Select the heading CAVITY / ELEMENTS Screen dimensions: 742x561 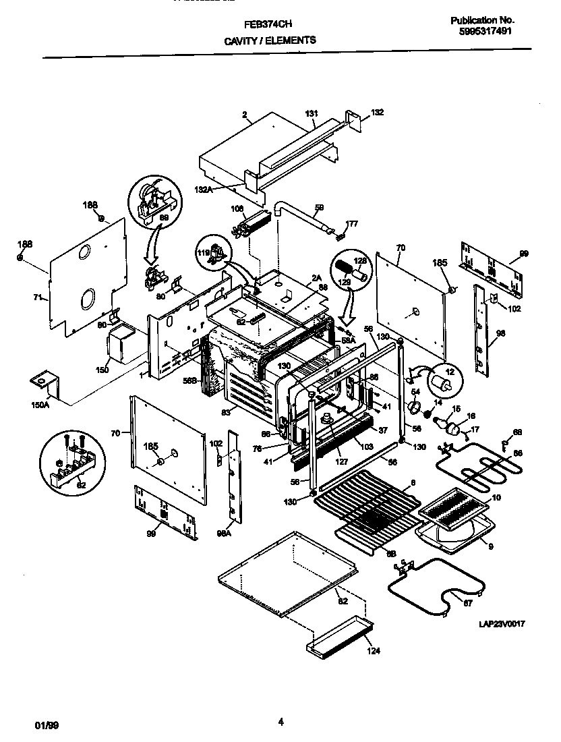(x=269, y=40)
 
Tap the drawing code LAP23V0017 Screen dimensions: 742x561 (x=502, y=625)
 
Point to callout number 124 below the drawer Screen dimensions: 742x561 (x=373, y=651)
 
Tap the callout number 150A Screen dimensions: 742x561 (x=41, y=405)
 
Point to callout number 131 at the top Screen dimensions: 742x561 (x=311, y=114)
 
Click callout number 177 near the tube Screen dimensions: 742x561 (x=352, y=224)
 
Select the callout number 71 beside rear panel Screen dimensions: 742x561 (x=38, y=297)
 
